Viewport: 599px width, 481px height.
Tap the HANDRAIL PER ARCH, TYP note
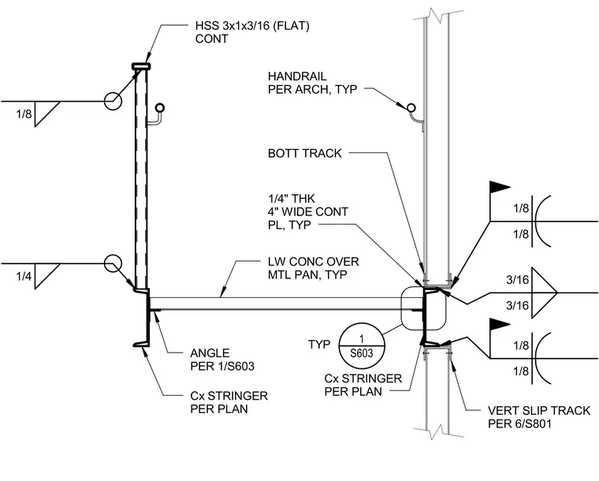pos(312,83)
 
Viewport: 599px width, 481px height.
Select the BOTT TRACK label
pos(304,153)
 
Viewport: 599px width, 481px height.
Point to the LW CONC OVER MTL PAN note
pos(313,268)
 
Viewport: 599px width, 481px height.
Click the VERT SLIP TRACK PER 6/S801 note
pos(539,417)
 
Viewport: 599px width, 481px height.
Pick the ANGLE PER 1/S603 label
pos(222,360)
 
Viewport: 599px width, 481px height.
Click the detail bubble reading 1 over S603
pos(362,347)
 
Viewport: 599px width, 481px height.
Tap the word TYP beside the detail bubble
pos(319,345)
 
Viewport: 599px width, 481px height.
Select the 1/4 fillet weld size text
pos(24,276)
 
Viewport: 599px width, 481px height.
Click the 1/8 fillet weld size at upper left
pos(24,114)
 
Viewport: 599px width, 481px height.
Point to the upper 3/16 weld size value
pos(518,280)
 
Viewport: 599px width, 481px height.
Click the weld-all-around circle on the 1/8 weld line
pos(113,101)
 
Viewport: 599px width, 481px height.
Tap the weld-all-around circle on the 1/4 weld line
pos(113,263)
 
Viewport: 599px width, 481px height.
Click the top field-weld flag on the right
pos(500,187)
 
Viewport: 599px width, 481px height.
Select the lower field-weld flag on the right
pos(500,324)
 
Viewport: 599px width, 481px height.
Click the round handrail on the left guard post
pos(160,108)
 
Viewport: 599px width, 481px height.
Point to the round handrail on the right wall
pos(411,107)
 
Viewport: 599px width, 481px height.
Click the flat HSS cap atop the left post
pos(141,66)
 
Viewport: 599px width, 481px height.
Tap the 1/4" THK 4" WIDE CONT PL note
pos(308,211)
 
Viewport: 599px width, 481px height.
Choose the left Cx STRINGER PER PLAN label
pos(229,402)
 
